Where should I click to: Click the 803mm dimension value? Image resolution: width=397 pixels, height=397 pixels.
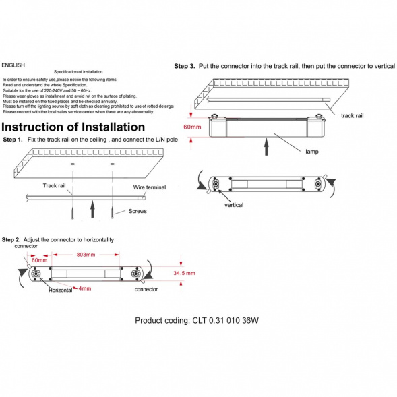point(86,255)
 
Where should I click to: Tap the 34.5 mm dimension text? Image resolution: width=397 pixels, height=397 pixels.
point(184,273)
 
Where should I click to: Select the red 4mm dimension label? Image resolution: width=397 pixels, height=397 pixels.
point(84,288)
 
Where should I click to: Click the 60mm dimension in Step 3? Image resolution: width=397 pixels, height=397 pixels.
point(192,127)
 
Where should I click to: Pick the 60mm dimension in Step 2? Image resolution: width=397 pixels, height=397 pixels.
point(39,260)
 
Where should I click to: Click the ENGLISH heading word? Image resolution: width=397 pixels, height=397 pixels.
point(13,65)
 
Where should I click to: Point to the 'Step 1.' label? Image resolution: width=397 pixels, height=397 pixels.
point(13,140)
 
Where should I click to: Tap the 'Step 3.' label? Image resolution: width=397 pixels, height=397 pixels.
point(185,66)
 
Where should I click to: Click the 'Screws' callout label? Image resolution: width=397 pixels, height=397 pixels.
point(138,211)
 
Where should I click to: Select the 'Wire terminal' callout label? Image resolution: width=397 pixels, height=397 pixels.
point(150,187)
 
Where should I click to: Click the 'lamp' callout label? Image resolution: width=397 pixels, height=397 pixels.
point(312,152)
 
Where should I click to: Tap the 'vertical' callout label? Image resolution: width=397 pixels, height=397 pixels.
point(234,205)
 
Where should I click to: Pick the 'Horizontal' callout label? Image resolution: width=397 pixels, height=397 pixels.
point(61,290)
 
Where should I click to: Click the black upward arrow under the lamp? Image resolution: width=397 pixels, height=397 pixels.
point(266,147)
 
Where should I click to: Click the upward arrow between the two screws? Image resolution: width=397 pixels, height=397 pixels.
point(92,209)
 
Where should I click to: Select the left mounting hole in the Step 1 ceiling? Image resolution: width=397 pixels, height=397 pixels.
point(73,164)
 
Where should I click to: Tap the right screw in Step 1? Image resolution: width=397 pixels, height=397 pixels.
point(112,212)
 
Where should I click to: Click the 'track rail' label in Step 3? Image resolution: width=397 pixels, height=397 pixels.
point(353,116)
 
